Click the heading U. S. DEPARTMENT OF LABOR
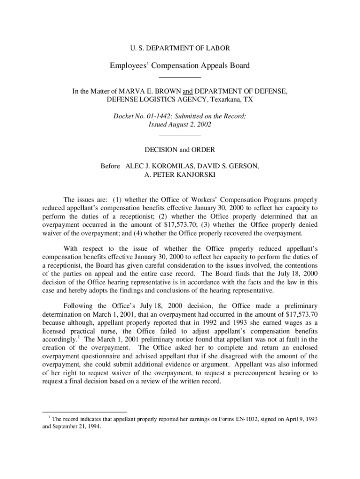click(x=180, y=48)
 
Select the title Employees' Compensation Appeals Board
click(x=180, y=65)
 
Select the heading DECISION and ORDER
click(x=180, y=150)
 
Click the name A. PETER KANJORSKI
click(x=180, y=175)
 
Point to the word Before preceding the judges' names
click(x=110, y=167)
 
